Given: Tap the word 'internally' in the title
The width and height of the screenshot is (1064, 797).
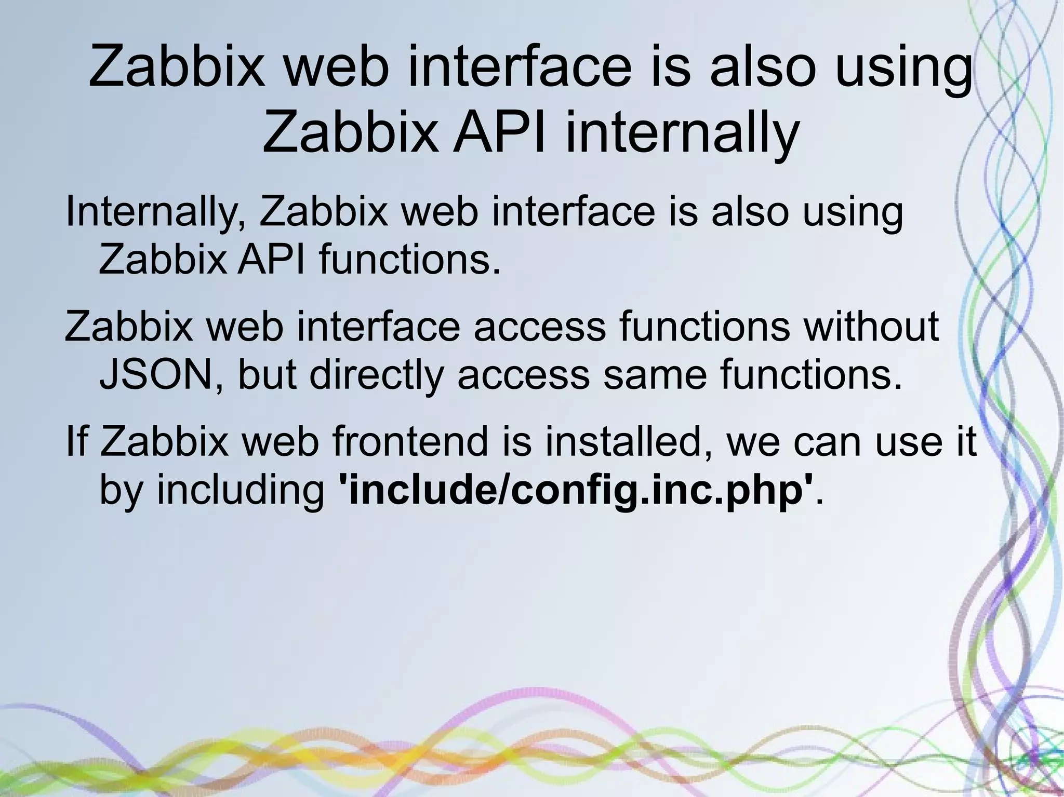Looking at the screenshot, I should (x=682, y=133).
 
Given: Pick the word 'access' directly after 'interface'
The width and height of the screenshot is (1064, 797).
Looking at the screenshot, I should (x=540, y=327).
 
